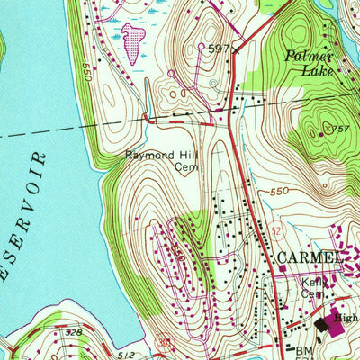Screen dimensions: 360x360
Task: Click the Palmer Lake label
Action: (310, 62)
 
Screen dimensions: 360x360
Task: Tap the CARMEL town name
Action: (310, 258)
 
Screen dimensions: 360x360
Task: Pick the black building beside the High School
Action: (321, 325)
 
